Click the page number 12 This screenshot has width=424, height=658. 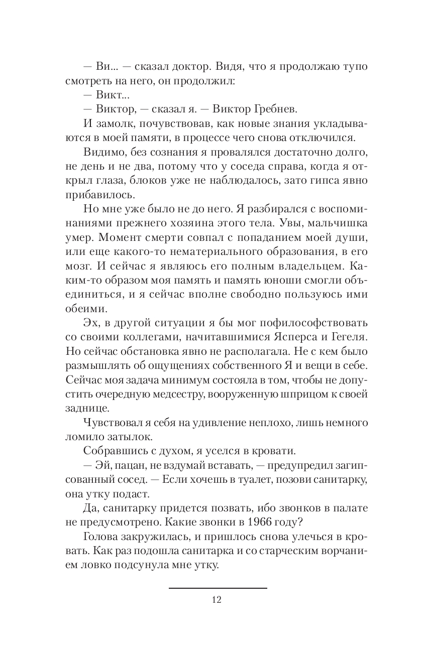pos(217,599)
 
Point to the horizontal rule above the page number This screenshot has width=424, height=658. pos(217,588)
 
